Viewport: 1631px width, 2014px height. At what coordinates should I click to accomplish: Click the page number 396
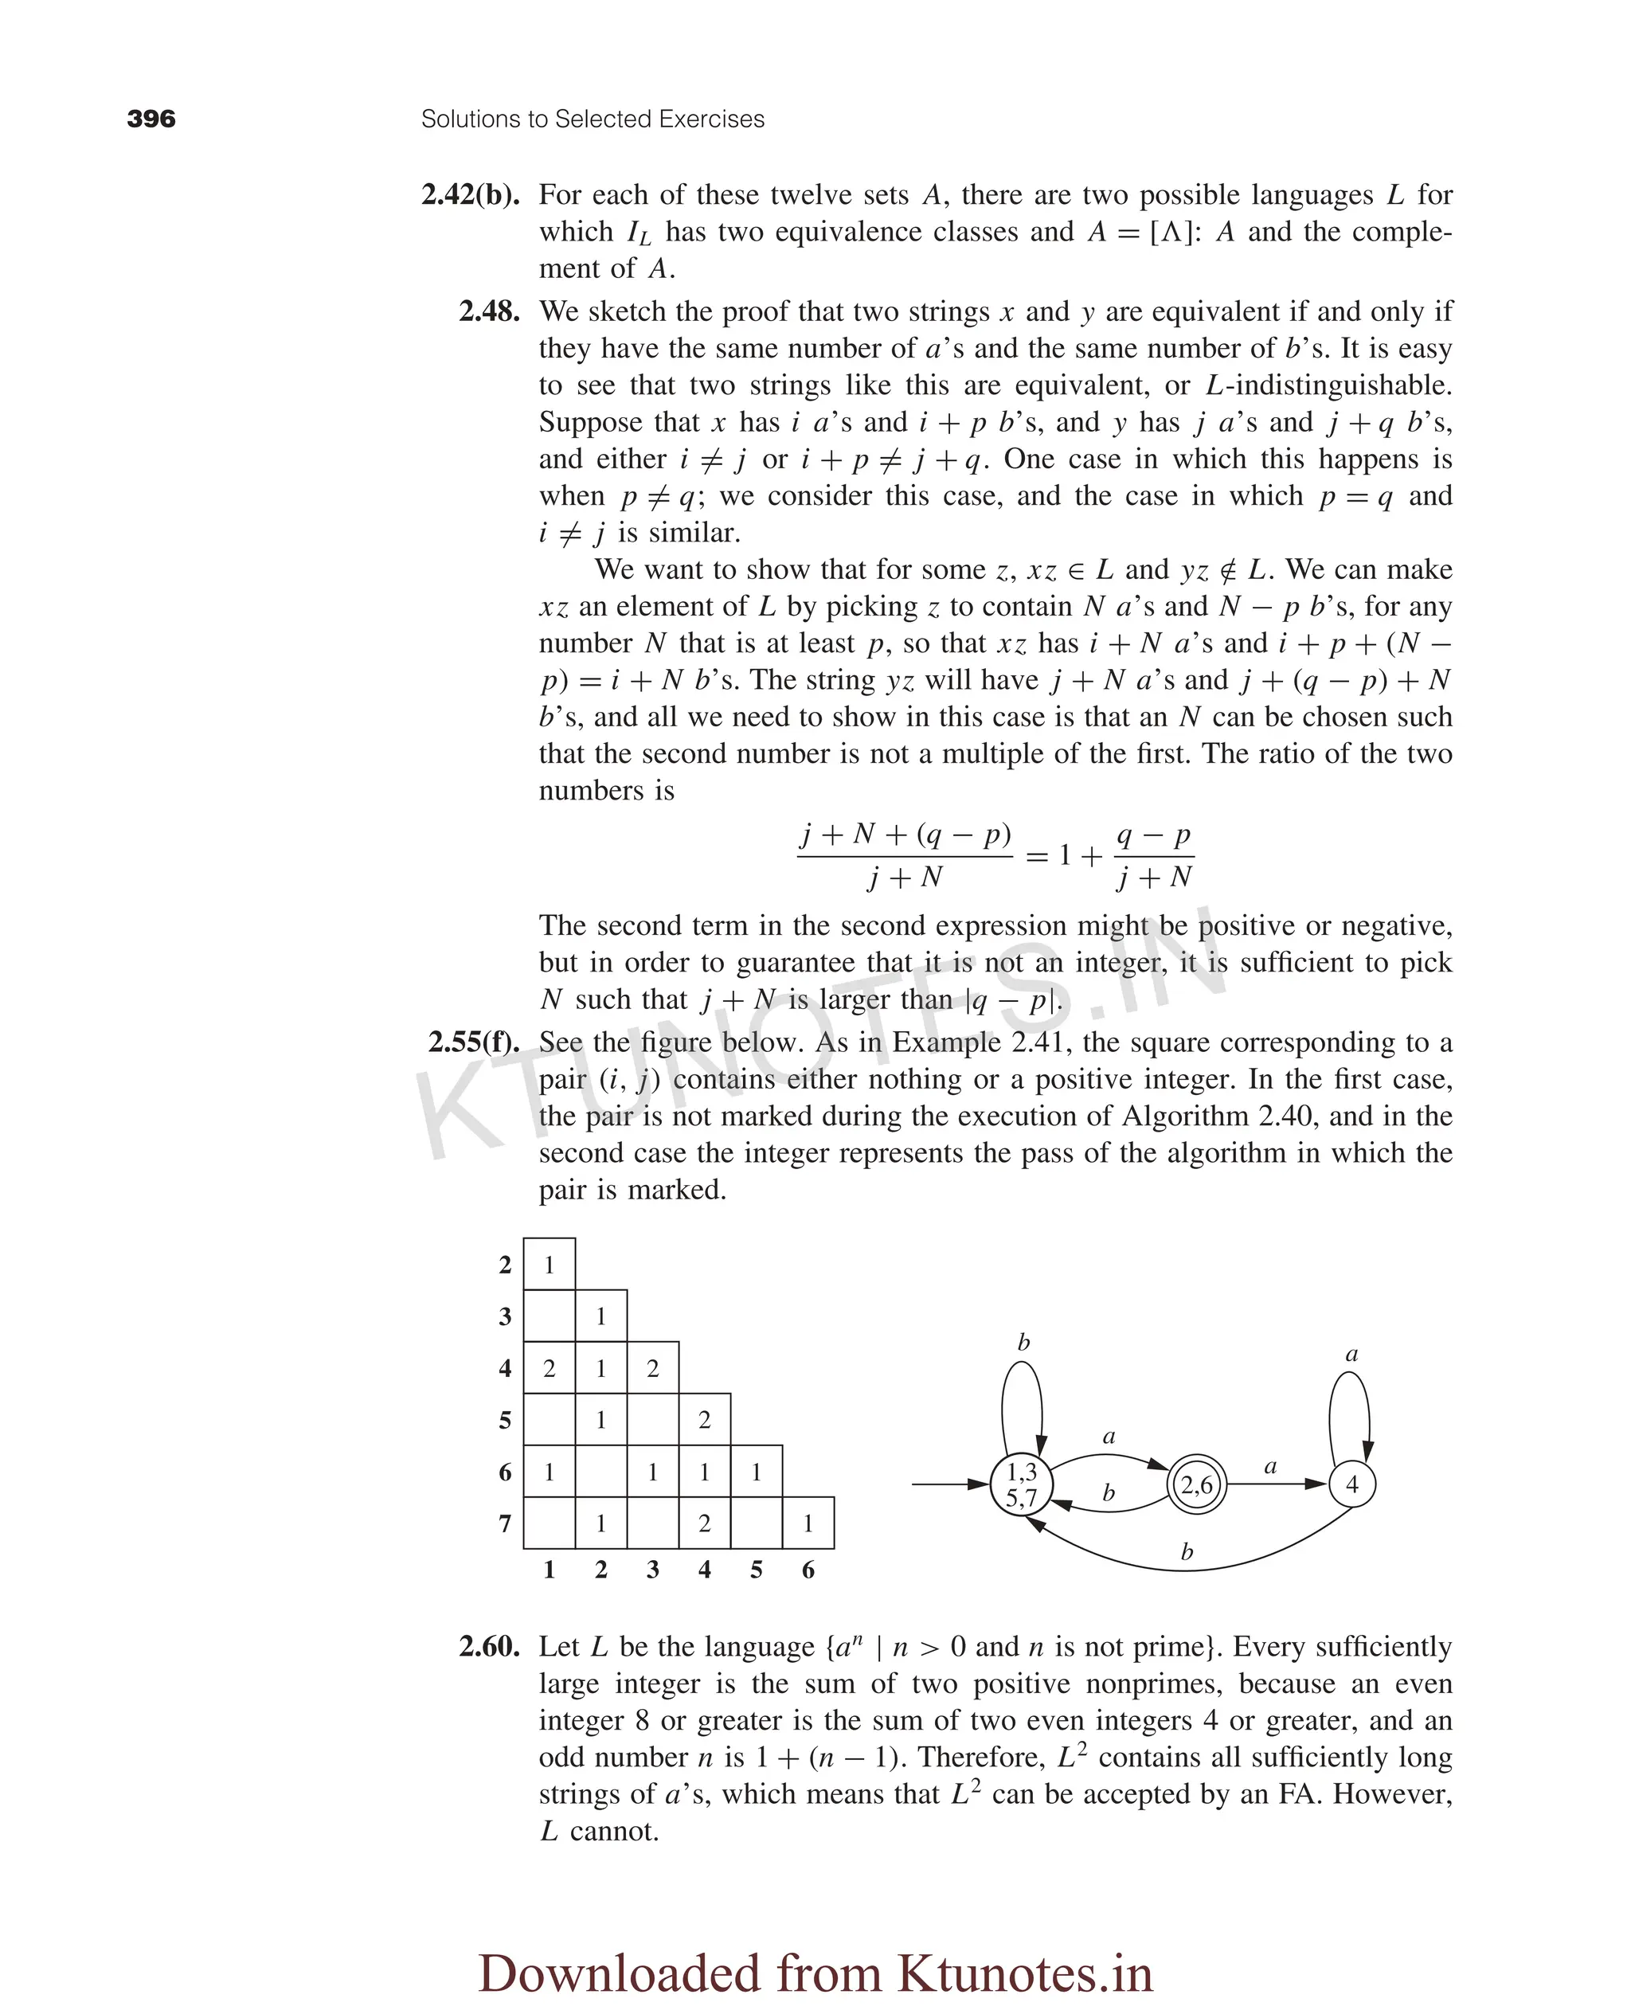pos(151,119)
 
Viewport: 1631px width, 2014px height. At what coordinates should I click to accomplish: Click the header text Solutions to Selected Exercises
pos(592,119)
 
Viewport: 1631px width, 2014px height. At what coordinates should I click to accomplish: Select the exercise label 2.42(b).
pos(470,195)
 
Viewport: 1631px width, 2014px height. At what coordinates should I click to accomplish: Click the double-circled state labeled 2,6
pos(1196,1484)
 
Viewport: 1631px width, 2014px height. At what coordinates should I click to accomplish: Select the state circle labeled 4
pos(1351,1484)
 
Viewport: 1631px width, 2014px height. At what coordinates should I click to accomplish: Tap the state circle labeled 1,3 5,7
pos(1021,1484)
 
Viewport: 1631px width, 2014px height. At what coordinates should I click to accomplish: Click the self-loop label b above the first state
pos(1023,1343)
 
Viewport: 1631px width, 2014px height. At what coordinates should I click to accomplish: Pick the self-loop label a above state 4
pos(1351,1355)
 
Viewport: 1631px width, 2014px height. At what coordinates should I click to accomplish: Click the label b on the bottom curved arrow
pos(1187,1552)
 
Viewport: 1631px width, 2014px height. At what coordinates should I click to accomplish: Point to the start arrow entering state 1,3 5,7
pos(949,1484)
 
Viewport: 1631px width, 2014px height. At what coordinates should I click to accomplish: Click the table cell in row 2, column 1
pos(549,1265)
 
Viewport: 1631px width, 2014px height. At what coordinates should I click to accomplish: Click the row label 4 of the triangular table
pos(505,1369)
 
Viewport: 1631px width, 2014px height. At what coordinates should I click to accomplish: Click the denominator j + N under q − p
pos(1154,878)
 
